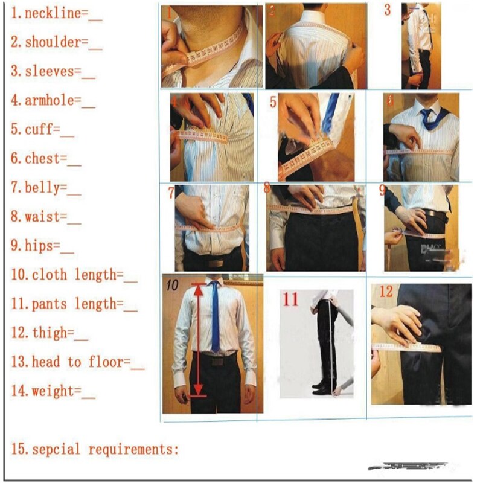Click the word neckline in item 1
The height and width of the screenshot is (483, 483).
(x=52, y=13)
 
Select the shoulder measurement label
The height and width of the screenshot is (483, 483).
(x=53, y=42)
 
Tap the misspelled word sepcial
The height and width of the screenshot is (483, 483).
(x=57, y=449)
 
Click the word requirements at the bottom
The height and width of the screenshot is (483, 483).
(x=133, y=449)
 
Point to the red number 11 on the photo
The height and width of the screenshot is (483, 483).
(x=291, y=299)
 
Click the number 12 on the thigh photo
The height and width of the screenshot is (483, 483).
(x=386, y=292)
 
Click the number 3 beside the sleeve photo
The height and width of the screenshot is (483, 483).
(x=388, y=10)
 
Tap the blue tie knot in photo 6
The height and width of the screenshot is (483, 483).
(x=427, y=115)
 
